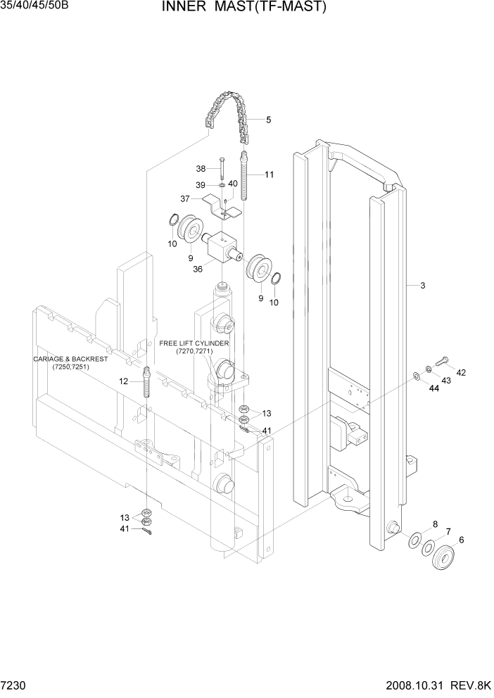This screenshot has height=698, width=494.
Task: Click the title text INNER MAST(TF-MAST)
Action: (x=234, y=8)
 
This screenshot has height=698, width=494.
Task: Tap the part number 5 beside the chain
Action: (x=268, y=120)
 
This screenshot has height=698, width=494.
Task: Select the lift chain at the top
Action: (x=227, y=113)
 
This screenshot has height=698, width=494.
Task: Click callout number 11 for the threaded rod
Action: (x=270, y=174)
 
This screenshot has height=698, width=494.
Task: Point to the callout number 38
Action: (x=201, y=169)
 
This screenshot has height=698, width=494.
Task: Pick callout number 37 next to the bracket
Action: (x=186, y=199)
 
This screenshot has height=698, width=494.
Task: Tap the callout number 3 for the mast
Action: (x=422, y=286)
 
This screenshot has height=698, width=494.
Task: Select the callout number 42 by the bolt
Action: (x=461, y=372)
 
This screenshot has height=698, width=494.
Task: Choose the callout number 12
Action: (x=123, y=381)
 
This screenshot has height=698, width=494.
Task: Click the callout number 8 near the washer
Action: (x=435, y=524)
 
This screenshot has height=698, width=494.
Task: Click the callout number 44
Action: (x=434, y=388)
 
